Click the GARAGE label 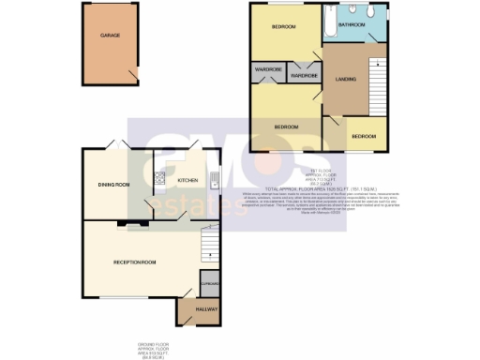[111, 36]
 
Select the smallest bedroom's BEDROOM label [364, 136]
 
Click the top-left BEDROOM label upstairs [284, 27]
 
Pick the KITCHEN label [187, 180]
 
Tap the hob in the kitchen [159, 180]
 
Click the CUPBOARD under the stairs [209, 284]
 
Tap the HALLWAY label [205, 309]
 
